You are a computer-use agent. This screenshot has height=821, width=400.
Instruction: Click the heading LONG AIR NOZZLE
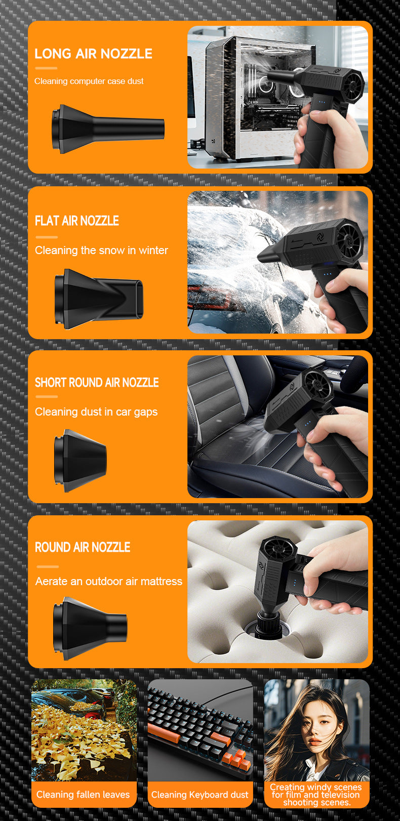93,54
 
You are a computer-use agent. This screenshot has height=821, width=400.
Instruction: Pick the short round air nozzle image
81,461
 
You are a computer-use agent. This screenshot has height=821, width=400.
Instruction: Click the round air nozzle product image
90,628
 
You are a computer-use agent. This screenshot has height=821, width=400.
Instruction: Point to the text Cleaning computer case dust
89,81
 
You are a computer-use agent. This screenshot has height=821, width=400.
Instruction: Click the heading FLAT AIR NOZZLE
77,221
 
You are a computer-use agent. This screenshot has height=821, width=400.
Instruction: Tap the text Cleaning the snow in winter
101,250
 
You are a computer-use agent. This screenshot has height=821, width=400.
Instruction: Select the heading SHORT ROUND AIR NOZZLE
97,383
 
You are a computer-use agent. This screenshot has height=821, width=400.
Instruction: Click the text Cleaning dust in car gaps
96,412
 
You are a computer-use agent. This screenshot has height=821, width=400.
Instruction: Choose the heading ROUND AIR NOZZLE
83,547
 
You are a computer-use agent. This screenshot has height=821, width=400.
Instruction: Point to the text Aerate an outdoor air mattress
108,581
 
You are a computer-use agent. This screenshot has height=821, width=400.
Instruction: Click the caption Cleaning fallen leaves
83,795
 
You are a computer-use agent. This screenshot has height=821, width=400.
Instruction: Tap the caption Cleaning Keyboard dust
200,795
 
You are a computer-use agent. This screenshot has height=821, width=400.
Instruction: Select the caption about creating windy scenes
316,795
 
